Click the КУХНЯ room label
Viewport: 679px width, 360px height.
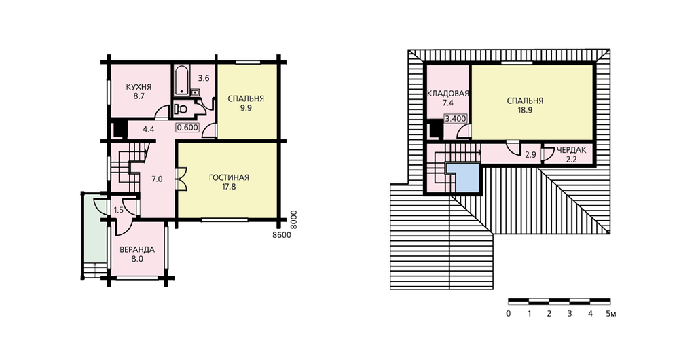[139, 87]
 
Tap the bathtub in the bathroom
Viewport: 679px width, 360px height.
[181, 81]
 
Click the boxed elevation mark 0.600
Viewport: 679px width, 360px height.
[187, 128]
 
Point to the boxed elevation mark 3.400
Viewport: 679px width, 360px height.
[456, 119]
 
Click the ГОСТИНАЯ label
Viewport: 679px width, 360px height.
[229, 177]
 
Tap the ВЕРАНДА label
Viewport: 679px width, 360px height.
[137, 250]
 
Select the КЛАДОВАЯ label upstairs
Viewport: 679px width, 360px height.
[447, 94]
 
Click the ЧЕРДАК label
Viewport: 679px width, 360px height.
[571, 150]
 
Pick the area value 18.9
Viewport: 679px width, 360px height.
[525, 111]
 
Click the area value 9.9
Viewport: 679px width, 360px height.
[246, 108]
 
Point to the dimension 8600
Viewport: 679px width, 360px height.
[282, 235]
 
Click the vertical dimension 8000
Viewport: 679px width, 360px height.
[293, 219]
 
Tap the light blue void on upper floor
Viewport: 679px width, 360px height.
[464, 178]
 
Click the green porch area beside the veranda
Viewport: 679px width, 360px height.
[94, 230]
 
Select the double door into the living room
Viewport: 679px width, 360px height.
[181, 178]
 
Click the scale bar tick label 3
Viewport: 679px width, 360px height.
[570, 314]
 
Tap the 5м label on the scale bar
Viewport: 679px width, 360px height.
[610, 314]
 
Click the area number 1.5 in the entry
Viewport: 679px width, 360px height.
[119, 210]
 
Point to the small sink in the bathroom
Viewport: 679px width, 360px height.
[194, 92]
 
